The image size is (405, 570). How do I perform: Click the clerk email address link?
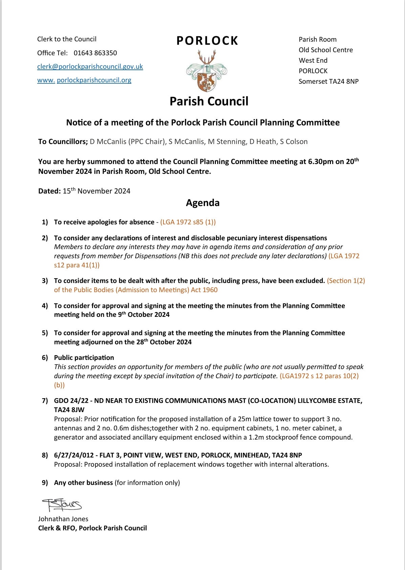coord(90,67)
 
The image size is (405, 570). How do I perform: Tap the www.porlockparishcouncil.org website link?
coord(84,80)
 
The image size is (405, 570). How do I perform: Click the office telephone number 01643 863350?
coord(95,53)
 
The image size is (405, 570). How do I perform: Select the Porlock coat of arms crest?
coord(206,71)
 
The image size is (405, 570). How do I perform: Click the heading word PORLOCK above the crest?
coord(207,41)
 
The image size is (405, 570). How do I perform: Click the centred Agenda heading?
coord(203,203)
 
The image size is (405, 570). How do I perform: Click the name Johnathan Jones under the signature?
coord(63,519)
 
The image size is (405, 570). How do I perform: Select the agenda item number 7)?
coord(45,401)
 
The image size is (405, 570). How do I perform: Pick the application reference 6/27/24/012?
coord(75,455)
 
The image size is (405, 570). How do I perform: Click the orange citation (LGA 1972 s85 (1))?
coord(188,222)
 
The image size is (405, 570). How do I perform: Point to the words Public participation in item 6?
coord(84,358)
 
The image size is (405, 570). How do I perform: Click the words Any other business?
coord(83,483)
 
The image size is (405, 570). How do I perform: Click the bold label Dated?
coord(49,191)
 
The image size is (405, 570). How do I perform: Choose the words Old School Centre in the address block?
coord(325,50)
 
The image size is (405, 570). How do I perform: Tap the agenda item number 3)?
coord(45,281)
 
